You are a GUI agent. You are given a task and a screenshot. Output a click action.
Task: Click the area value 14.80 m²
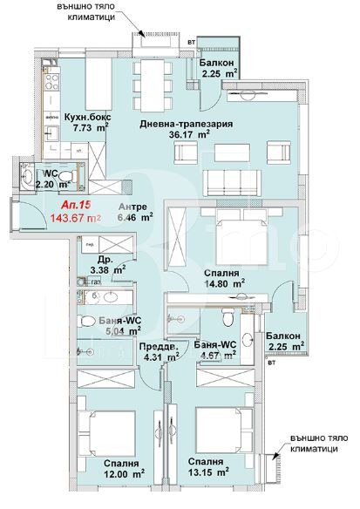click(222, 282)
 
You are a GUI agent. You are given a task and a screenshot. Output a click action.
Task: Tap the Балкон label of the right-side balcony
click(284, 336)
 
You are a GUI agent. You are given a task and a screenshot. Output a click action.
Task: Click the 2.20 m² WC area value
click(51, 185)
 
